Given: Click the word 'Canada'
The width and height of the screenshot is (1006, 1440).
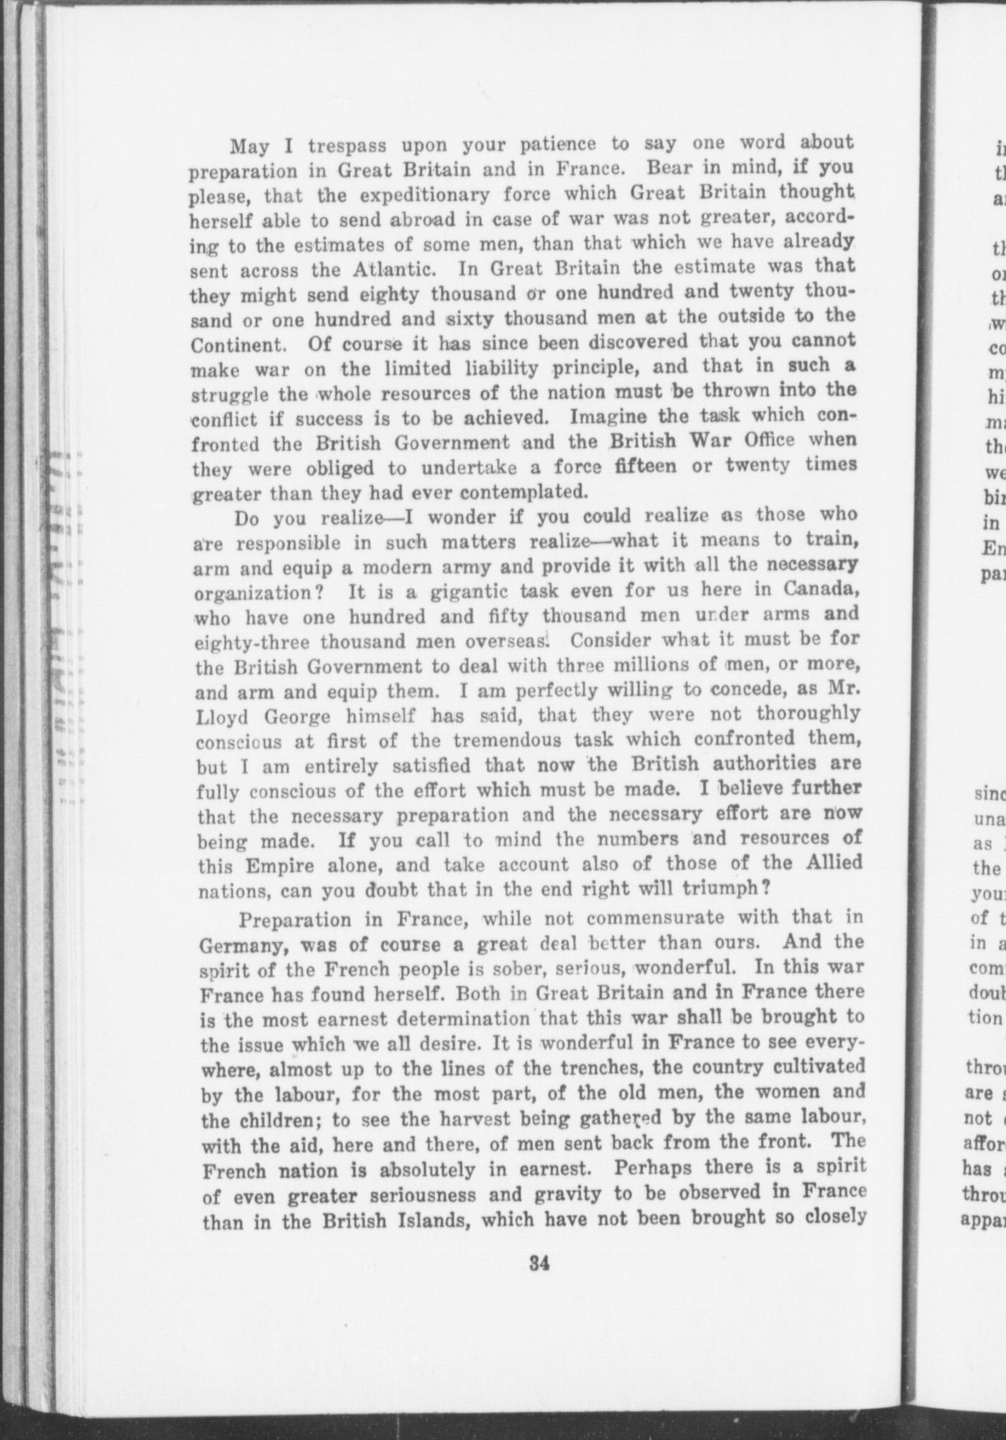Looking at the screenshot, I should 819,591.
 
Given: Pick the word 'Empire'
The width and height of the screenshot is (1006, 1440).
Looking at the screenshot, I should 277,866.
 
